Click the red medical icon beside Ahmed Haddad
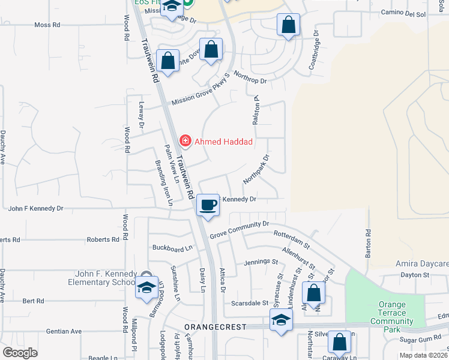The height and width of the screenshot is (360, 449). tap(185, 142)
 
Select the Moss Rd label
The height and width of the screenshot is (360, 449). tap(47, 25)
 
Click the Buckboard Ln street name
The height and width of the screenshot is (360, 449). tap(172, 247)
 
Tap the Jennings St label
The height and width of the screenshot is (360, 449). tap(261, 262)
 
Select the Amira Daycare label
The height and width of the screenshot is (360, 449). tap(422, 264)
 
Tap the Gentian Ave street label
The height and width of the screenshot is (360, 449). tap(67, 331)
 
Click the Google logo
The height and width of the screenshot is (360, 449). tap(20, 352)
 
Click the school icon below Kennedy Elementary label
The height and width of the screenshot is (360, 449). tap(146, 289)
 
